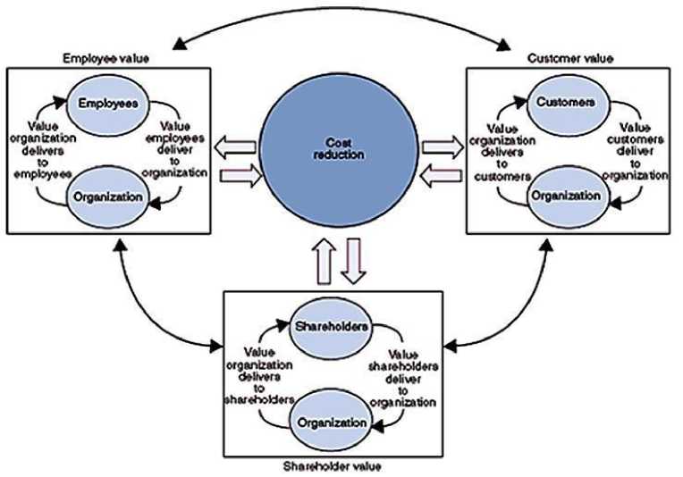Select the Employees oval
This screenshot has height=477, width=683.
coord(106,104)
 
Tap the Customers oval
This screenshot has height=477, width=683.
coord(566,103)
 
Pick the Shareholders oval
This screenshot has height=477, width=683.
coord(331,326)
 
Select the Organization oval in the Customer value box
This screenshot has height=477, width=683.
coord(564,195)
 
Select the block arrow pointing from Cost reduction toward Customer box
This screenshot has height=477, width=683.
coord(440,144)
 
